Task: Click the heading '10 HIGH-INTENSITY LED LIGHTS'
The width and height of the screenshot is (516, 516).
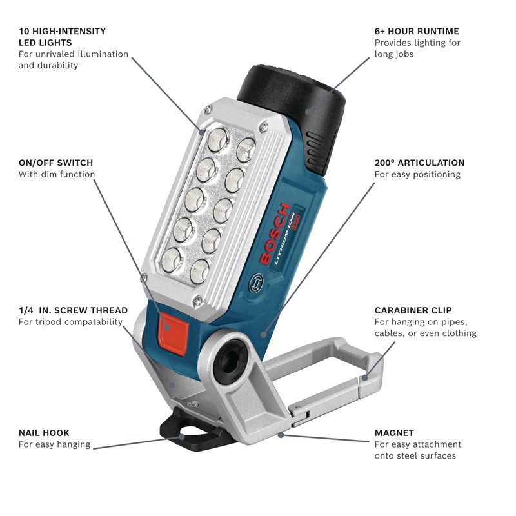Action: (62, 37)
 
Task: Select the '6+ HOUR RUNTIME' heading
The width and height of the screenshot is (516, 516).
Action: (417, 31)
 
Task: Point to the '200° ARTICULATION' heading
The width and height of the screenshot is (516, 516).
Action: (419, 163)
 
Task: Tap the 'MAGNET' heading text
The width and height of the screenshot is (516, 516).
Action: (394, 433)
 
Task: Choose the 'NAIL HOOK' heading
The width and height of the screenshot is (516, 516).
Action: (44, 433)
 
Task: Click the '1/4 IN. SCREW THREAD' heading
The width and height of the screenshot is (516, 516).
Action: (73, 310)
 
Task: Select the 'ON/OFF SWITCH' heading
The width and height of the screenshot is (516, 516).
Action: (55, 163)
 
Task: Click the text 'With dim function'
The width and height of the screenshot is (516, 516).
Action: (57, 174)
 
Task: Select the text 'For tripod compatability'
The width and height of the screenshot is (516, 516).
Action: (70, 322)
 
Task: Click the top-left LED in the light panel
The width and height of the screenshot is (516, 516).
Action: (218, 137)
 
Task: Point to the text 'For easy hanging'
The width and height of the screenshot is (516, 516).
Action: (54, 444)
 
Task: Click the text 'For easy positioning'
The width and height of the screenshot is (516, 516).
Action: (417, 174)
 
